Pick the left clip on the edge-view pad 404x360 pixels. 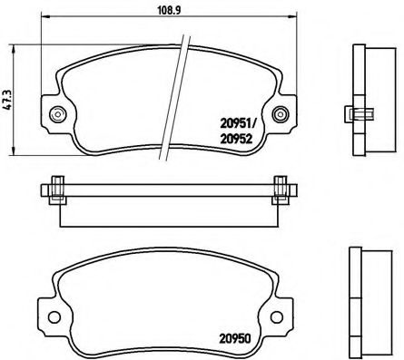[56, 190]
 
